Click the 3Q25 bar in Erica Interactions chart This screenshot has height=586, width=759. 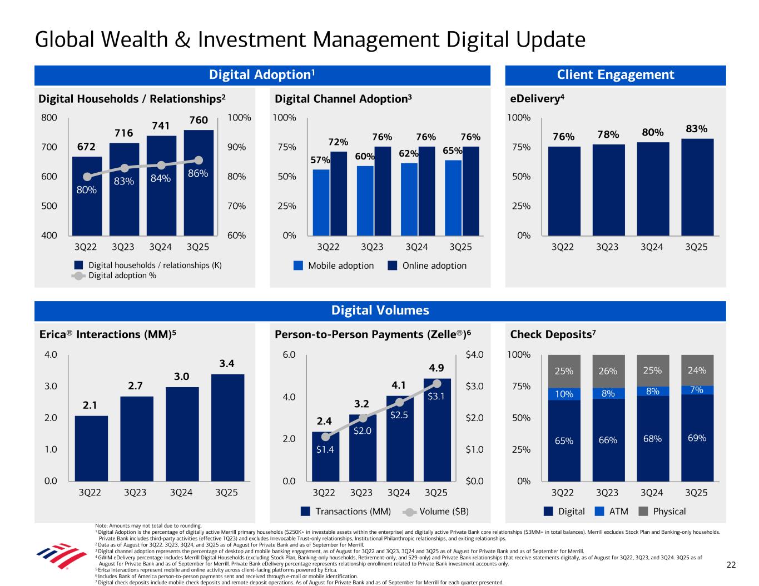tap(227, 427)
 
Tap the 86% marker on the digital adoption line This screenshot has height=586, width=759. tap(199, 160)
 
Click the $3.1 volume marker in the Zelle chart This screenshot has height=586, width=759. tap(436, 383)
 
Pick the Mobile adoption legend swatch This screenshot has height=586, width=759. tap(299, 266)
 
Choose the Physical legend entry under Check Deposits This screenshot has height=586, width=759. tap(669, 511)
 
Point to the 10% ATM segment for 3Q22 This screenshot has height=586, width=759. tap(564, 394)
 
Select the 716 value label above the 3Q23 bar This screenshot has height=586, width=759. tap(124, 133)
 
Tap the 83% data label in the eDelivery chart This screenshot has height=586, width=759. tap(696, 129)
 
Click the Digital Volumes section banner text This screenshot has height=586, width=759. tap(380, 310)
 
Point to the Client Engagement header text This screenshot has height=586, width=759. tap(615, 75)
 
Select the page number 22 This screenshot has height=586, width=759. tap(731, 565)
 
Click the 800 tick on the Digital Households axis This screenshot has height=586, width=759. tap(48, 118)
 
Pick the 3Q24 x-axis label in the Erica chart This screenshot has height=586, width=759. tap(181, 493)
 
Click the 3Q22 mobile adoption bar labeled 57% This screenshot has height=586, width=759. tap(321, 202)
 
